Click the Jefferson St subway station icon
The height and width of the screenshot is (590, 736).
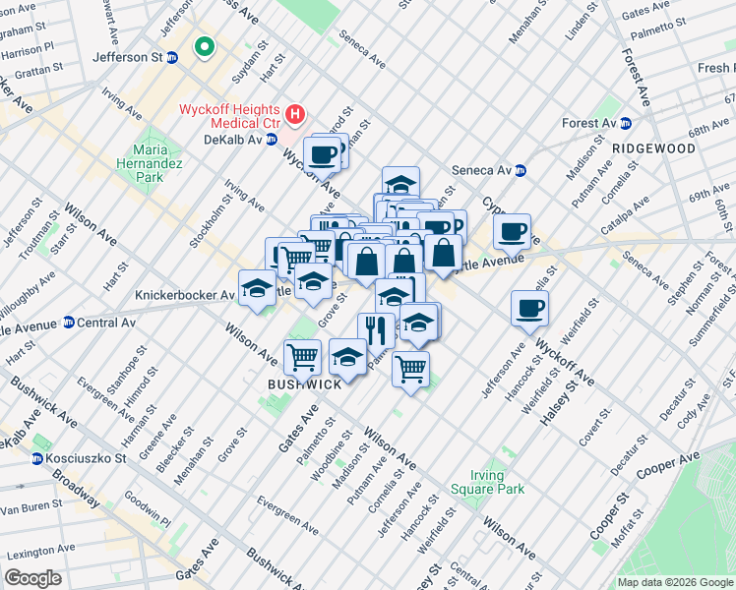(x=173, y=58)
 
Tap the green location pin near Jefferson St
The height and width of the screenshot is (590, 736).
(x=206, y=46)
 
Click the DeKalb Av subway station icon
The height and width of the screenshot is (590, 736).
(x=271, y=141)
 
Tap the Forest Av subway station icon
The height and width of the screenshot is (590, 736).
(x=625, y=123)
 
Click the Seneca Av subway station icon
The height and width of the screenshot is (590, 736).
(x=521, y=170)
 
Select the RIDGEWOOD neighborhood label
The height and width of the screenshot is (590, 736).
(x=653, y=148)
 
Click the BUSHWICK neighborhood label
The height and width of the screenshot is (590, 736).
(x=305, y=384)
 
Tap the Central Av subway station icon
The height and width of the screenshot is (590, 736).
(x=69, y=323)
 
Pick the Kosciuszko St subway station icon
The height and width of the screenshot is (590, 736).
(x=37, y=458)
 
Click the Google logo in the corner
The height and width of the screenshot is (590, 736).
(x=33, y=578)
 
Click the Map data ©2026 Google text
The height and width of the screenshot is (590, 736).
(x=674, y=582)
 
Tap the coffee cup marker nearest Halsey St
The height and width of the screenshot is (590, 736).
(x=529, y=308)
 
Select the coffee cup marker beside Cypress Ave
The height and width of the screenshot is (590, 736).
(x=512, y=232)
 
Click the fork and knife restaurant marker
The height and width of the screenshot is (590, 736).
(x=376, y=330)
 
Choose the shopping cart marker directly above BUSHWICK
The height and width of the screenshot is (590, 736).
(x=302, y=356)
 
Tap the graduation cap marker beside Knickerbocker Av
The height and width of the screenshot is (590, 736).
(x=257, y=288)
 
